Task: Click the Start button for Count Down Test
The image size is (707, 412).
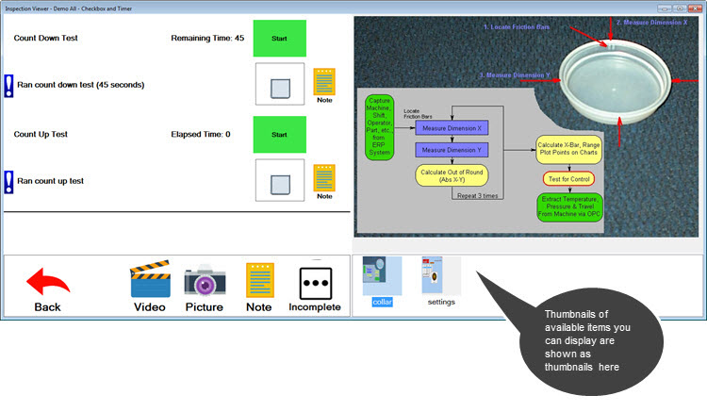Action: point(280,39)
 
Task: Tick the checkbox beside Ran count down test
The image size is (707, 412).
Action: point(280,87)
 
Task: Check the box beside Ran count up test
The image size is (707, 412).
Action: point(280,182)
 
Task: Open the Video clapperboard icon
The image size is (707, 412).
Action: point(149,283)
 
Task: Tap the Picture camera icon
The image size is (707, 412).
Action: point(204,283)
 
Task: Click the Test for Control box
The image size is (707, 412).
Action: point(567,179)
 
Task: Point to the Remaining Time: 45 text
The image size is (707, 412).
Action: point(206,39)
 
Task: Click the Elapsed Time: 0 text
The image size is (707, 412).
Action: point(201,135)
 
